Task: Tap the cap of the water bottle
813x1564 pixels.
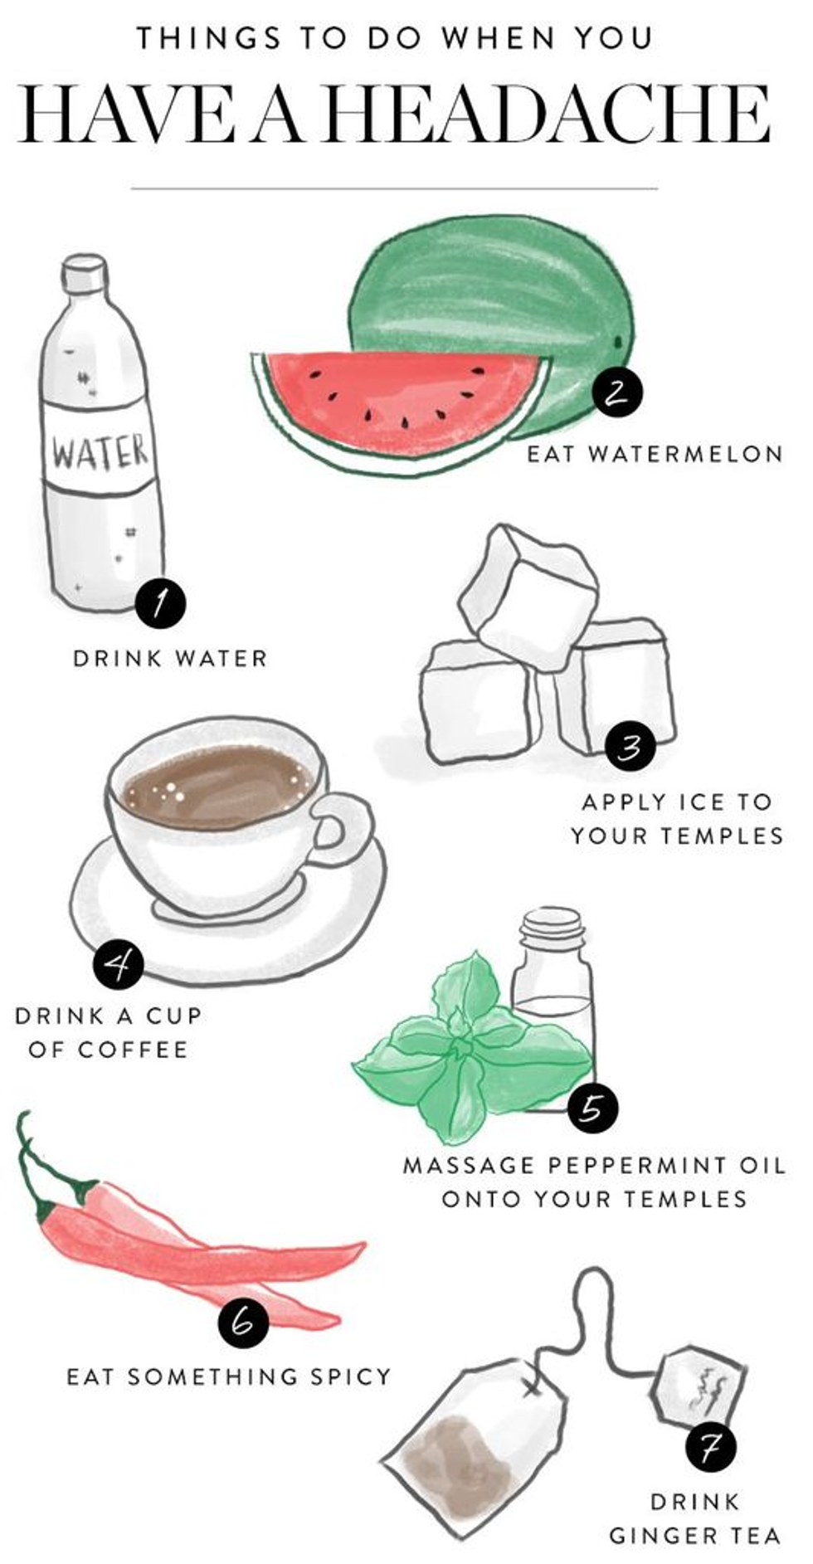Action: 85,274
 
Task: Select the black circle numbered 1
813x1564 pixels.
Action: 160,605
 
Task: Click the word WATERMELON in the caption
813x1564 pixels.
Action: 685,454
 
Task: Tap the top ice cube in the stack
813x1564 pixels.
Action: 528,595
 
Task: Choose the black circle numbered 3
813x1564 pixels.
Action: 630,747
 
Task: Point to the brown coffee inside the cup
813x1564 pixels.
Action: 217,785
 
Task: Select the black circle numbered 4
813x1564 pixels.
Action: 119,963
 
